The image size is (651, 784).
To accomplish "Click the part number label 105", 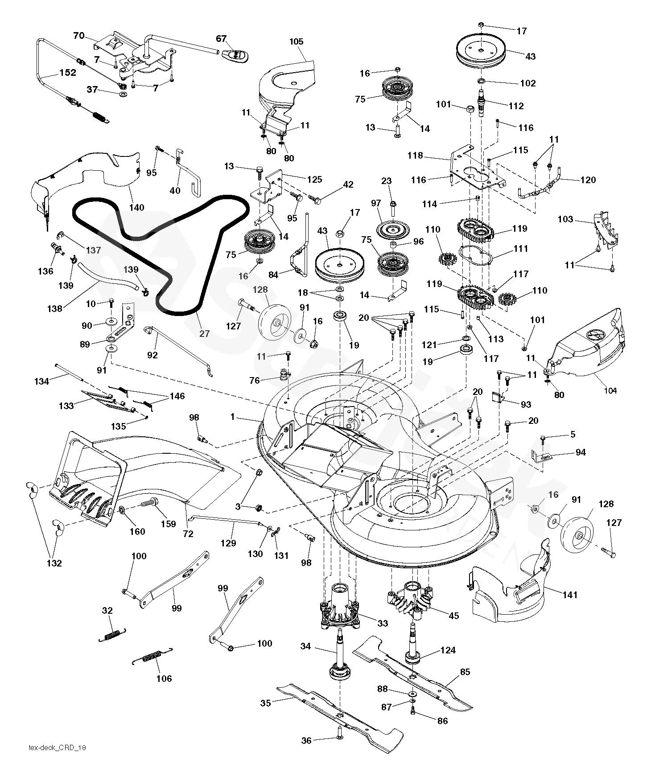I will point(296,41).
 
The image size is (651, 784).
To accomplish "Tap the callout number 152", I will point(67,72).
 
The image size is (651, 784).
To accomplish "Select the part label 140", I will point(136,207).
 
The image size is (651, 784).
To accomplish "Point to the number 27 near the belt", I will point(204,333).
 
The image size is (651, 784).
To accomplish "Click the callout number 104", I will point(610,390).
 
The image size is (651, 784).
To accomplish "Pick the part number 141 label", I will point(570,595).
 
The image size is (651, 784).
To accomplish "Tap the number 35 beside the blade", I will point(266,703).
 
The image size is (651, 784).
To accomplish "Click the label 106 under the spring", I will point(164,678).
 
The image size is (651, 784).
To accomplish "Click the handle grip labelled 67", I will point(235,55).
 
